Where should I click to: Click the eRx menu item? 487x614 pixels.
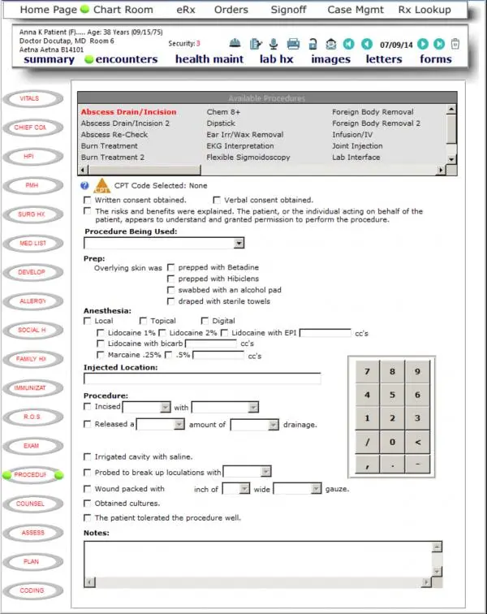click(x=167, y=10)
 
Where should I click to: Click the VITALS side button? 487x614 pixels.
click(x=30, y=99)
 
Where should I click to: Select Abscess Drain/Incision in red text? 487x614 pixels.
click(x=128, y=112)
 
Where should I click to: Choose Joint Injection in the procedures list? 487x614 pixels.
click(x=357, y=146)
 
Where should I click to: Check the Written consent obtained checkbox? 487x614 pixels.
click(x=88, y=200)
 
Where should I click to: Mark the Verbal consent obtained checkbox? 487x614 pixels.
click(x=217, y=200)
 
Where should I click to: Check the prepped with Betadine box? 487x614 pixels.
click(x=171, y=267)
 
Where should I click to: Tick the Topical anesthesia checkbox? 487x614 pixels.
click(x=143, y=321)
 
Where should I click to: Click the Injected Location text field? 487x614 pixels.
click(x=203, y=378)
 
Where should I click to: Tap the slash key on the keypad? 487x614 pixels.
click(x=368, y=442)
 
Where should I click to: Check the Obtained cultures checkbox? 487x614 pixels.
click(x=88, y=504)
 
